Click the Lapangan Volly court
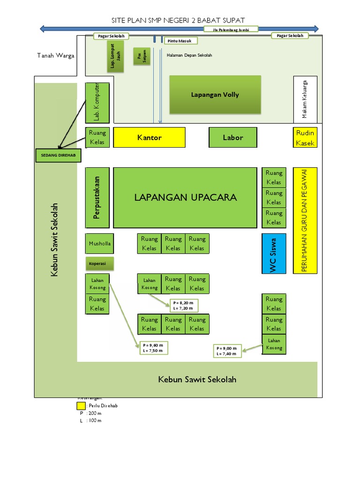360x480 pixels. pyautogui.click(x=215, y=95)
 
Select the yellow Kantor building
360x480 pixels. pyautogui.click(x=149, y=137)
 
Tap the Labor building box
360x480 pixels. pyautogui.click(x=233, y=137)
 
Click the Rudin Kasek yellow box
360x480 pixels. pyautogui.click(x=305, y=138)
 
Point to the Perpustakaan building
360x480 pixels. pyautogui.click(x=97, y=197)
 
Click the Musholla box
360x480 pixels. pyautogui.click(x=99, y=244)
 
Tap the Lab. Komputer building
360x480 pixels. pyautogui.click(x=97, y=103)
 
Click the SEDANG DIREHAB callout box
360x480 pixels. pyautogui.click(x=58, y=155)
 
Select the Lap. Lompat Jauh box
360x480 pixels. pyautogui.click(x=115, y=59)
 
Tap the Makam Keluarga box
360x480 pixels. pyautogui.click(x=305, y=99)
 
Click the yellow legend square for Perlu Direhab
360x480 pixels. pyautogui.click(x=81, y=405)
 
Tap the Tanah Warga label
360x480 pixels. pyautogui.click(x=56, y=56)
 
